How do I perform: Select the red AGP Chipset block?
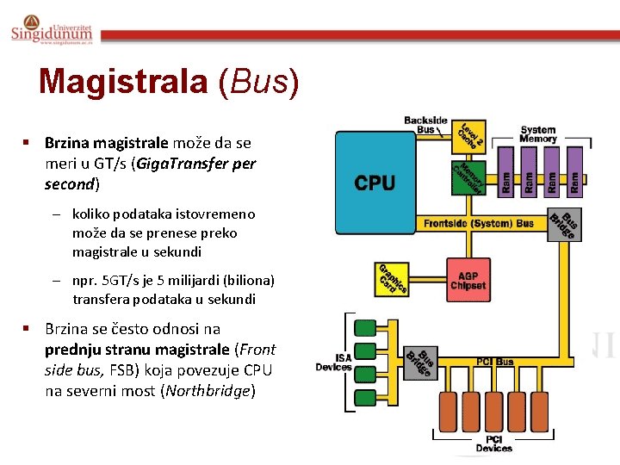pyautogui.click(x=468, y=280)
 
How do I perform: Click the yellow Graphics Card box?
pyautogui.click(x=391, y=277)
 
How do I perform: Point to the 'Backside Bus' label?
pyautogui.click(x=425, y=125)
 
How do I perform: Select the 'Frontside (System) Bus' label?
pyautogui.click(x=478, y=224)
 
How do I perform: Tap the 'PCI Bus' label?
pyautogui.click(x=495, y=362)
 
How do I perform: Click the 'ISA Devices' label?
pyautogui.click(x=333, y=363)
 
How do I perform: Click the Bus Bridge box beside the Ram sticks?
pyautogui.click(x=562, y=225)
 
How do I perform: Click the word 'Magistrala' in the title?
pyautogui.click(x=123, y=82)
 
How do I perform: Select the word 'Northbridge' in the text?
pyautogui.click(x=208, y=390)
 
